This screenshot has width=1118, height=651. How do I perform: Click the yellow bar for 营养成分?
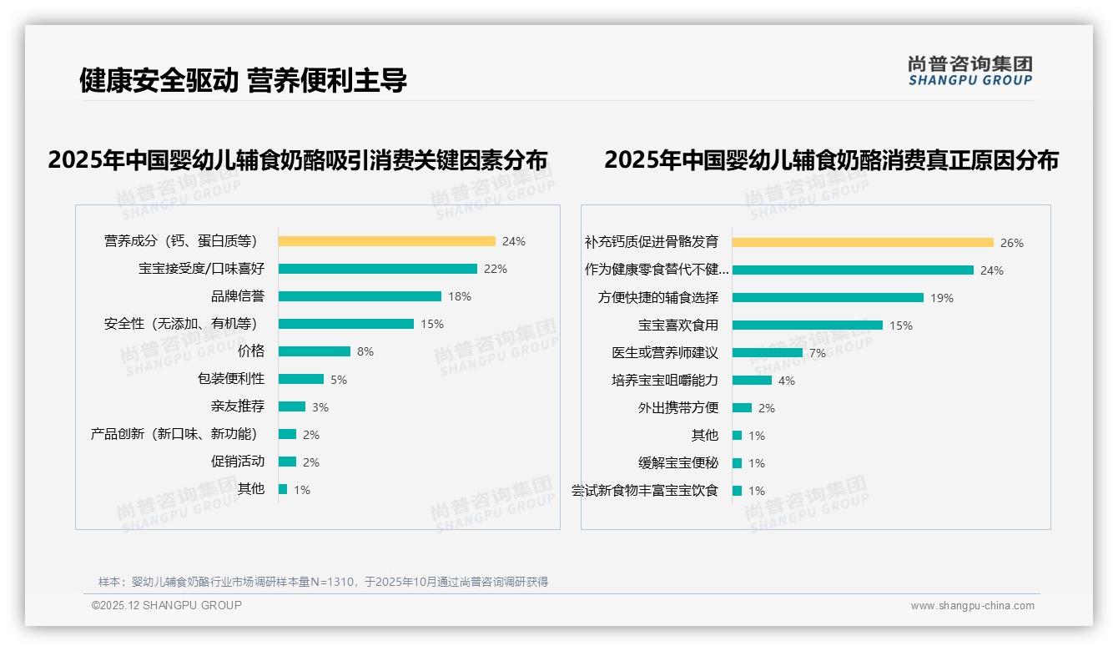coord(386,241)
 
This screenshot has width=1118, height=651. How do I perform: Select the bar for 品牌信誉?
coord(360,296)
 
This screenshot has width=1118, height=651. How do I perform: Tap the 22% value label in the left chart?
coord(496,269)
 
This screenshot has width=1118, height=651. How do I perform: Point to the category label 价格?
coord(250,351)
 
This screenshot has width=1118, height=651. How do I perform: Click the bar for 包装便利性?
coord(300,379)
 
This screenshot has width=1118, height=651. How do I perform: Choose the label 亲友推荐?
coord(238,406)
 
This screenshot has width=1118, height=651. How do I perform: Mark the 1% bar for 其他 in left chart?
coord(283,489)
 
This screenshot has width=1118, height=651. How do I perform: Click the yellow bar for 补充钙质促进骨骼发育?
coord(863,243)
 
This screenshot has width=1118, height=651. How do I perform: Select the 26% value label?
coord(1011,243)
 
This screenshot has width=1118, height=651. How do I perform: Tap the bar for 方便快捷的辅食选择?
coord(828,298)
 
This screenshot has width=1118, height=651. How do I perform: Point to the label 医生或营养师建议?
coord(665,353)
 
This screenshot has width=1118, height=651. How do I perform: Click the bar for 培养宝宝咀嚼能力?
coord(752,381)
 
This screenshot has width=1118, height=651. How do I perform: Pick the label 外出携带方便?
coord(677,408)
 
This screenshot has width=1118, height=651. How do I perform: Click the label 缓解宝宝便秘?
coord(677,463)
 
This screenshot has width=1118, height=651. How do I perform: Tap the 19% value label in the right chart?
coord(941,298)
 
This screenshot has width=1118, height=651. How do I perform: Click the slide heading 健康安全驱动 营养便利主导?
coord(243,80)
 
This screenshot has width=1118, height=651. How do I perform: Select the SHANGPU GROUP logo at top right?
coord(969,71)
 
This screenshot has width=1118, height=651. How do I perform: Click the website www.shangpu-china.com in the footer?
coord(972,606)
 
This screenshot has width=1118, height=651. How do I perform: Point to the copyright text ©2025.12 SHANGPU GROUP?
coord(167,605)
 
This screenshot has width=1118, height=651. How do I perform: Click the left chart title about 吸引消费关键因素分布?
coord(297,159)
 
